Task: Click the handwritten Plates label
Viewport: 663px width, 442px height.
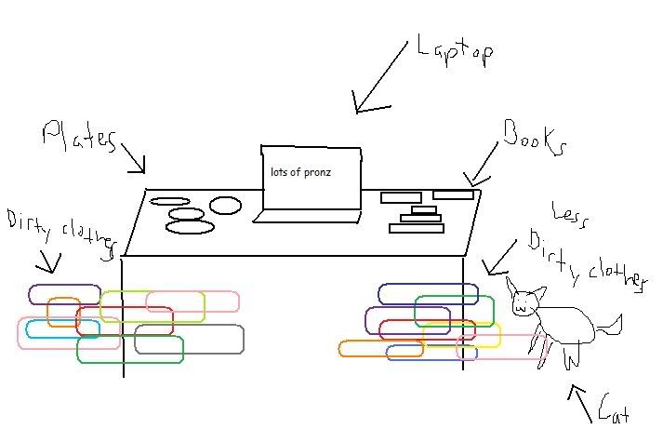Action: tap(79, 138)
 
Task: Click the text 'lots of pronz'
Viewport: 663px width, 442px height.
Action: tap(300, 172)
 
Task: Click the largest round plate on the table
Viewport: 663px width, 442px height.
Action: tap(191, 227)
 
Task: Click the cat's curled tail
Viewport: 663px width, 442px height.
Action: tap(609, 324)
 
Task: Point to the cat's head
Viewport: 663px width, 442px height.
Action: tap(525, 297)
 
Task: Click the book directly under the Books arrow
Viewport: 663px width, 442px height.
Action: tap(454, 194)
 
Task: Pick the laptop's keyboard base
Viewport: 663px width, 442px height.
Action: tap(307, 217)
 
